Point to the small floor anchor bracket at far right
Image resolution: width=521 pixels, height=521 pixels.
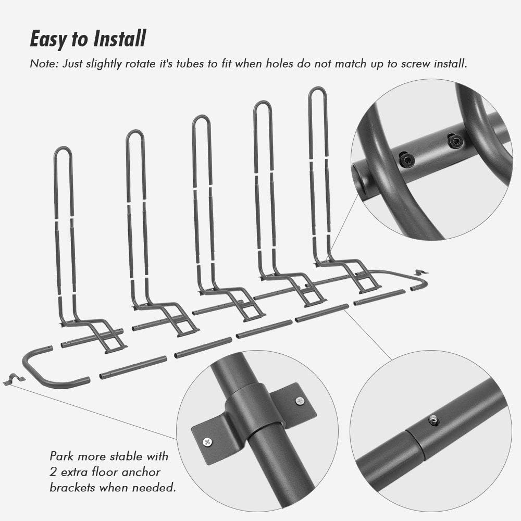(x=420, y=272)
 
